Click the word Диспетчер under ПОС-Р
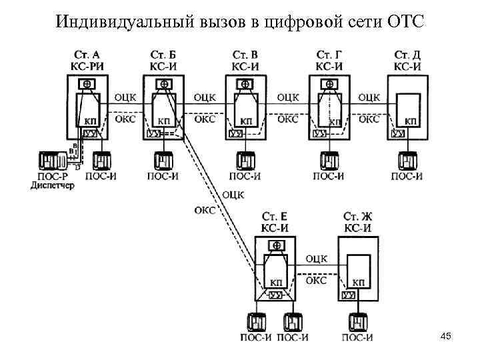tap(53, 185)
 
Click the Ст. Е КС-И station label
tap(275, 223)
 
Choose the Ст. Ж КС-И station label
tap(357, 223)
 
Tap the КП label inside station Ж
tap(359, 283)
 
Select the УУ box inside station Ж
tap(348, 295)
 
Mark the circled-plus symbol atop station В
tap(245, 85)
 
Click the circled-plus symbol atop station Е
tap(274, 246)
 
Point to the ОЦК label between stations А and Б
tap(126, 97)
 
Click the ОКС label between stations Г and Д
tap(369, 120)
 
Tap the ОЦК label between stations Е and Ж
tap(315, 258)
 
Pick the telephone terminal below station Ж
tap(359, 323)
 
